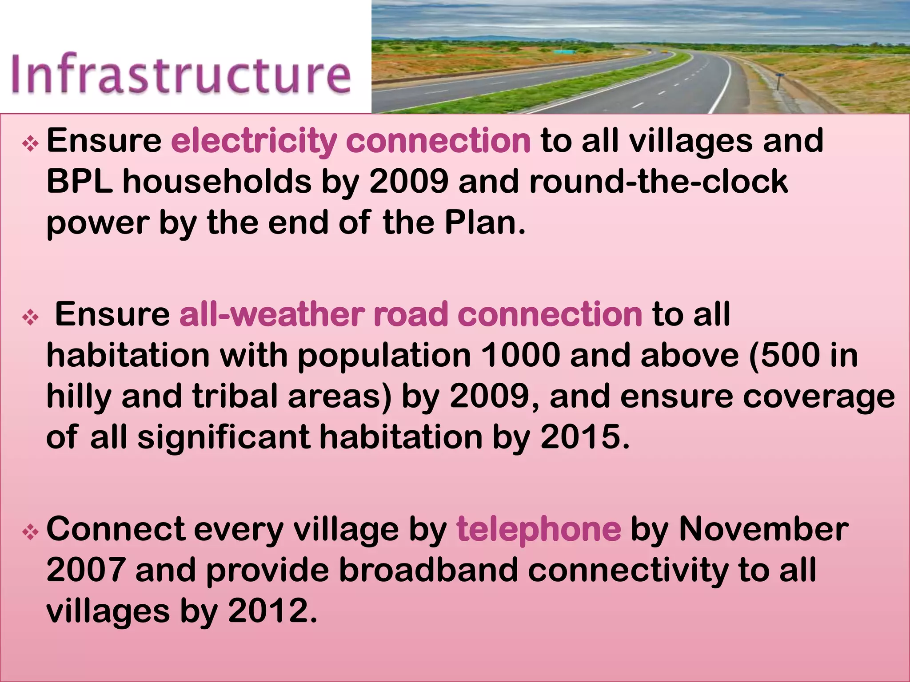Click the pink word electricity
[254, 141]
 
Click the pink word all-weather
[271, 314]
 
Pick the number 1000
[520, 355]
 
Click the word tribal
[235, 396]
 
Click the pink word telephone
[539, 529]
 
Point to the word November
[763, 529]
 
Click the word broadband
[429, 570]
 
